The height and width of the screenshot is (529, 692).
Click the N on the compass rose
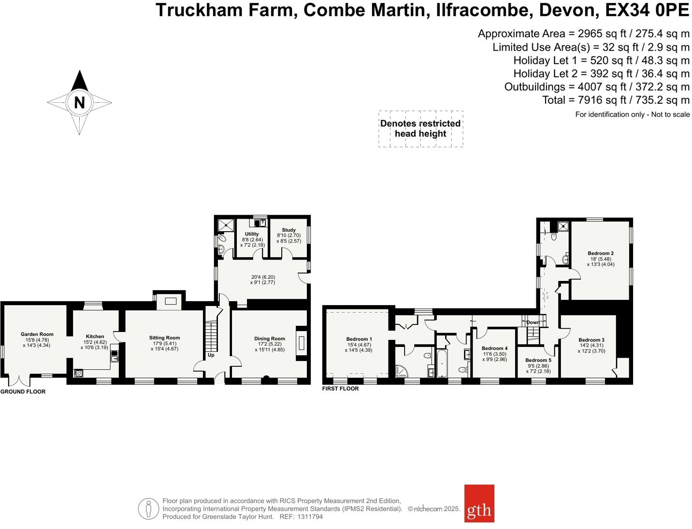79,102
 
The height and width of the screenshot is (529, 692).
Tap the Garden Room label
37,334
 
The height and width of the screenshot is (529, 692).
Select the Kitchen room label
95,336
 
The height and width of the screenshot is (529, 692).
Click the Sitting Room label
164,338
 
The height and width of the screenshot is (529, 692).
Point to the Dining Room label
270,339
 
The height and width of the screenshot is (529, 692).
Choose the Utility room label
252,234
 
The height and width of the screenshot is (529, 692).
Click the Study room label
288,230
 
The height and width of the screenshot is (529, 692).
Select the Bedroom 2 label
601,253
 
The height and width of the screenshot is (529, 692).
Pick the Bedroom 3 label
591,340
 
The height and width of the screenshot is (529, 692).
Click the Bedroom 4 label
494,348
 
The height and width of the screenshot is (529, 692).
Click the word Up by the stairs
211,355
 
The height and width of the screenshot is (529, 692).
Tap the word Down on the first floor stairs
533,322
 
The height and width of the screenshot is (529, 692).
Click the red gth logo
479,503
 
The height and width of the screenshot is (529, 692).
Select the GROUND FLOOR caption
23,392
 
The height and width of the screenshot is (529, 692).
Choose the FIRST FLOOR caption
341,389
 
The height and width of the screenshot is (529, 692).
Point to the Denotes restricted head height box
420,129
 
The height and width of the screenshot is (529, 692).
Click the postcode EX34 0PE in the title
647,10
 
